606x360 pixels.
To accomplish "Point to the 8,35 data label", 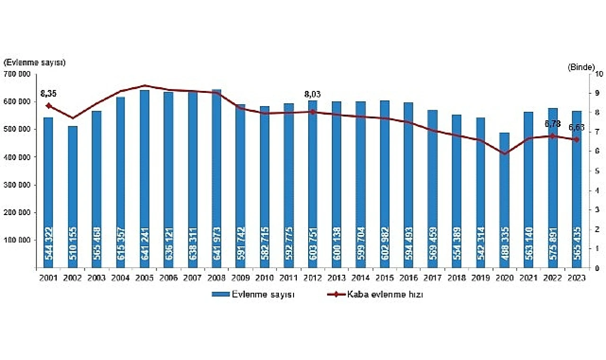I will click(x=49, y=93).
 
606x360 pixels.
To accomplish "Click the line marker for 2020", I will click(x=505, y=153).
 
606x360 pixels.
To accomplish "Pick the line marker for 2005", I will click(x=144, y=86).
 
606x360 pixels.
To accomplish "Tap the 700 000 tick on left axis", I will click(x=18, y=74).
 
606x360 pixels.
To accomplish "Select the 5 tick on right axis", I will click(x=597, y=171).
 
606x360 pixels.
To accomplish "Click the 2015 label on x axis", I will click(x=385, y=278).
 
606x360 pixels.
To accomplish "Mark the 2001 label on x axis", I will click(x=48, y=278).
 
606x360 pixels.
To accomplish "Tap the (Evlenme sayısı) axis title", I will click(x=34, y=63).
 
